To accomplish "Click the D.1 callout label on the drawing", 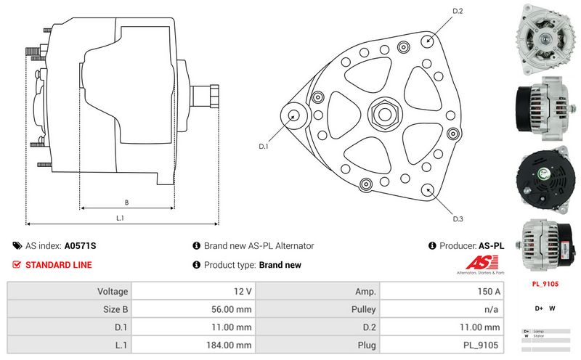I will pos(264,146).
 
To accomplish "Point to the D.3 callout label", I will pos(458,219).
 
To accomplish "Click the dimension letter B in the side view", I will pos(126,202).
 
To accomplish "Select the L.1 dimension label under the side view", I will pos(121,218).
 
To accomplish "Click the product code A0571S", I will pos(80,246).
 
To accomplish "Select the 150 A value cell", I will pos(440,291).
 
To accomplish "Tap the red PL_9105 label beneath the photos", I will pos(545,284).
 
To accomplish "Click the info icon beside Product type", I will pos(196,265).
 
